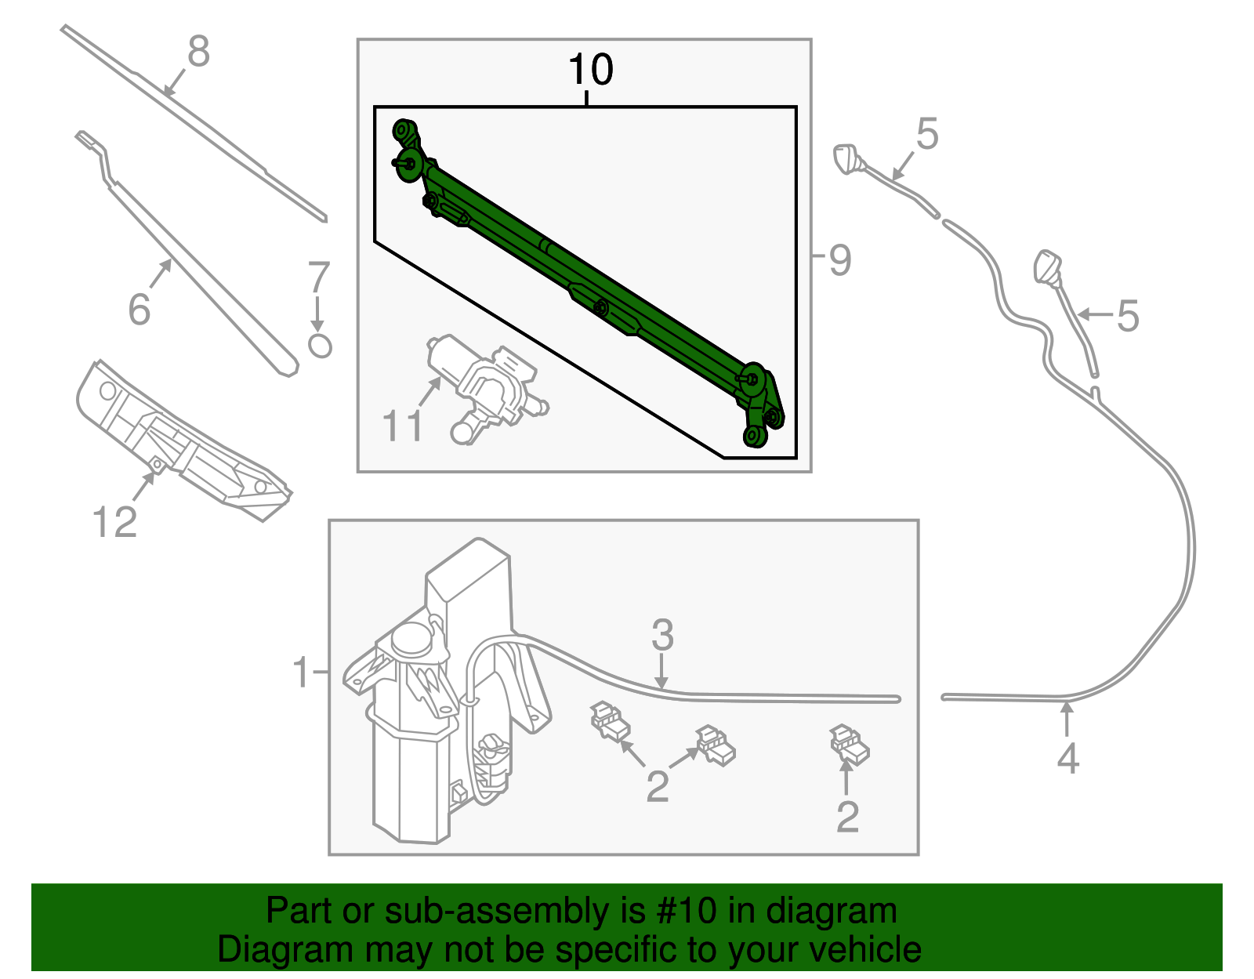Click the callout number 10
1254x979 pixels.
click(x=590, y=70)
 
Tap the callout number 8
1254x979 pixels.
click(x=199, y=53)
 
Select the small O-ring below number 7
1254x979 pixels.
click(x=320, y=346)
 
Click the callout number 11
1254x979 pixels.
click(x=402, y=426)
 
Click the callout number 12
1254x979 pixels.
click(x=114, y=522)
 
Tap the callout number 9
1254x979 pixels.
click(x=839, y=260)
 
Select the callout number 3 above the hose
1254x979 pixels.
click(x=662, y=635)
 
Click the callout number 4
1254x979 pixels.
click(x=1067, y=758)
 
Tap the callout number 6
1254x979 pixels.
click(x=139, y=310)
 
